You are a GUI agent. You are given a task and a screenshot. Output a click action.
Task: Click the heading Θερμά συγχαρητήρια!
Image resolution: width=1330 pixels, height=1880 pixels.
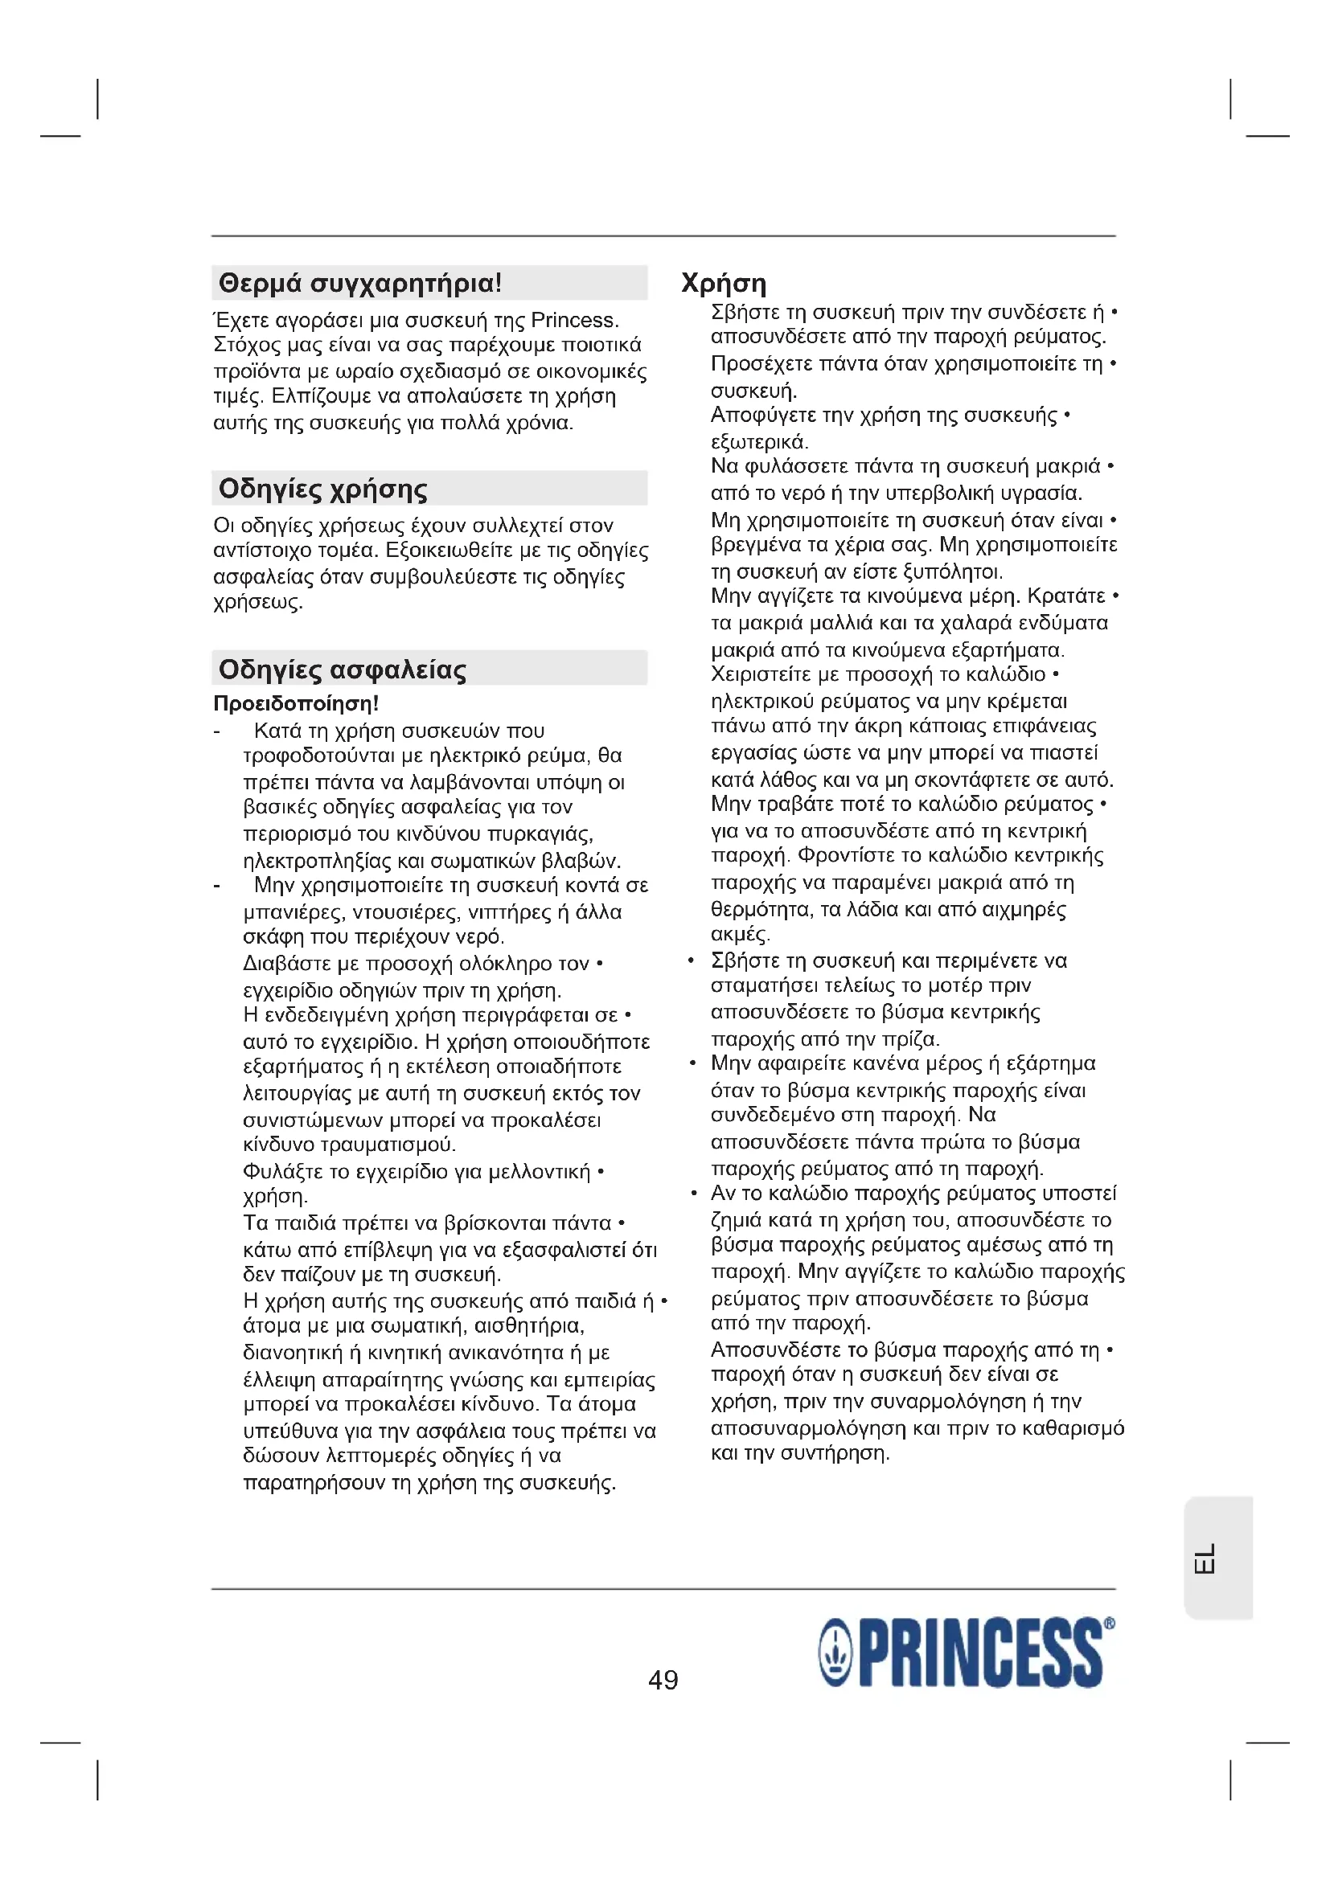359,283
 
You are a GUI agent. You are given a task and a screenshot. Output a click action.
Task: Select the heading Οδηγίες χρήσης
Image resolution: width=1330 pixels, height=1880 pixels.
322,489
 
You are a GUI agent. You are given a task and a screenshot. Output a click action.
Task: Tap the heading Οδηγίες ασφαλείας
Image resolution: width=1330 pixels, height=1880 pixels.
343,669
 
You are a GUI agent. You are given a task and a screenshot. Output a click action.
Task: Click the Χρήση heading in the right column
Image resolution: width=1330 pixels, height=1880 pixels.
724,283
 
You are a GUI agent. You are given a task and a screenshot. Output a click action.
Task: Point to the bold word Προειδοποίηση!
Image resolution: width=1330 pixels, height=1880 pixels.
296,703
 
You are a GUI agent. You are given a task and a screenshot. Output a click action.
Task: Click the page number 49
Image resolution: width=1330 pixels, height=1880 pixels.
663,1679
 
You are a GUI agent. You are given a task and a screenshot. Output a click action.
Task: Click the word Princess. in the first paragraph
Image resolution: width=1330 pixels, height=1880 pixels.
575,320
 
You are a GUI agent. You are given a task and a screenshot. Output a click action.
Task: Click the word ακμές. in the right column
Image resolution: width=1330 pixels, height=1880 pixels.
741,934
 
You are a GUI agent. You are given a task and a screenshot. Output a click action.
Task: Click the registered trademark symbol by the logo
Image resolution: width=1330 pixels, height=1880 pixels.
1109,1621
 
